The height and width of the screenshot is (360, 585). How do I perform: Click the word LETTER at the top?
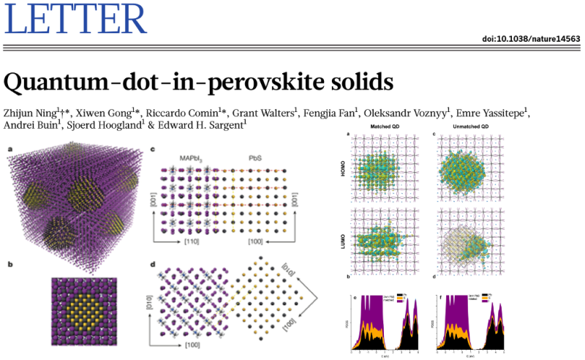(75, 20)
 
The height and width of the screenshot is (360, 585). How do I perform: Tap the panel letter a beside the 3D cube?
(10, 149)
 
